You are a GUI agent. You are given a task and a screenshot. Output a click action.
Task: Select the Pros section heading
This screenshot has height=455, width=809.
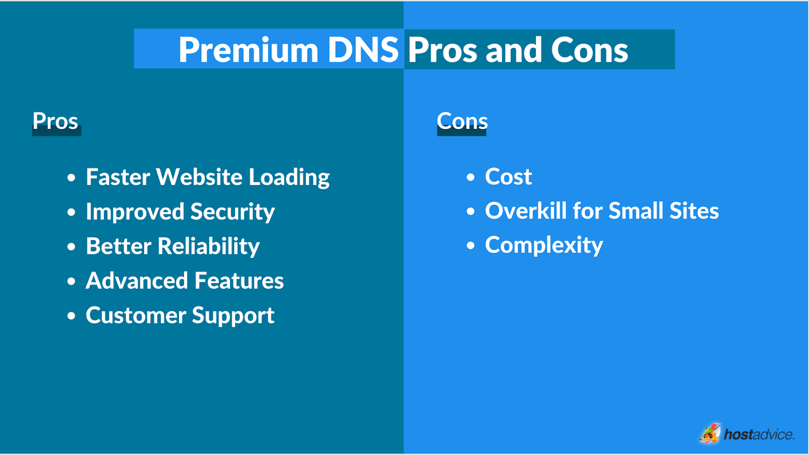56,121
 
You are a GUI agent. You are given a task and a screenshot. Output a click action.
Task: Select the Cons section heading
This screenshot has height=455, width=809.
462,121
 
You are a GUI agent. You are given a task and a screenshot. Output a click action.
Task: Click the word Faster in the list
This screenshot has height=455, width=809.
118,177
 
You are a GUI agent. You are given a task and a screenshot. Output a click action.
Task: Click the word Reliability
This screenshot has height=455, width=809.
208,247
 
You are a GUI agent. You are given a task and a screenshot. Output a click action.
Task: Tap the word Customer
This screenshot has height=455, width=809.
136,315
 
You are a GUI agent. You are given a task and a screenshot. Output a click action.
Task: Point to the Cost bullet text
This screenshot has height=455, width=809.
508,177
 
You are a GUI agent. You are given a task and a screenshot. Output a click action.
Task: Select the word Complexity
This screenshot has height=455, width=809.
544,246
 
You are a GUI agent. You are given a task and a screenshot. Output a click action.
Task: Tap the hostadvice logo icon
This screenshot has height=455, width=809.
710,433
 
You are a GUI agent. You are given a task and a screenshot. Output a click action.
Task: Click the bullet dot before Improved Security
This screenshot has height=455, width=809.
71,212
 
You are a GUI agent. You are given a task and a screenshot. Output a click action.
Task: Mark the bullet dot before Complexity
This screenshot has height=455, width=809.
471,246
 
